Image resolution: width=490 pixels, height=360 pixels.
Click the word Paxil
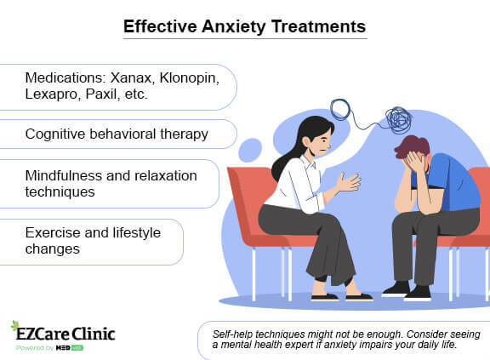[109, 95]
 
